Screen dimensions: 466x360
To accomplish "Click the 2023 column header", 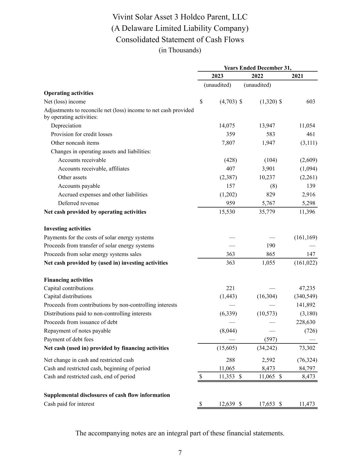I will (217, 76).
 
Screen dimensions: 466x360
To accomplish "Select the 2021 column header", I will (297, 76).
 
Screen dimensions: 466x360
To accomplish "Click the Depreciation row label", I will (66, 126).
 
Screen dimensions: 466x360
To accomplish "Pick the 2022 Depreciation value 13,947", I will (267, 126).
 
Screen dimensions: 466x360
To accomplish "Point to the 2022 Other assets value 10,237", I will (267, 177).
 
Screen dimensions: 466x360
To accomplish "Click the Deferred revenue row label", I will (78, 203).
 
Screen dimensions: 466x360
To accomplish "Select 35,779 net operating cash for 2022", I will (267, 212).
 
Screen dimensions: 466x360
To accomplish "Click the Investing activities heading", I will (67, 229).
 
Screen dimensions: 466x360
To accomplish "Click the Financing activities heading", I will (68, 280).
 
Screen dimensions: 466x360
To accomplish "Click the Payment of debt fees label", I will (69, 339).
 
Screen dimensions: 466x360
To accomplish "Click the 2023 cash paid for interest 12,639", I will (227, 404).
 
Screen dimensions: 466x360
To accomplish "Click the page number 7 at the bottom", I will (180, 453).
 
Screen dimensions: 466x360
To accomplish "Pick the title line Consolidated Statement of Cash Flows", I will (180, 40).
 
